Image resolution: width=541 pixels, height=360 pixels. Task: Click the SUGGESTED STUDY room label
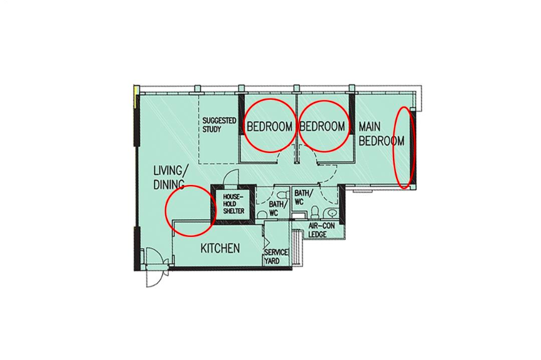point(219,125)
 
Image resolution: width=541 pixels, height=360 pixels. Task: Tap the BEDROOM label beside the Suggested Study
point(270,127)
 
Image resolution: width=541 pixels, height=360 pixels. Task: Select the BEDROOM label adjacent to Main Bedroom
point(322,126)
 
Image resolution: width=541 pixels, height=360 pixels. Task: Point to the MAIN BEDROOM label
point(381,134)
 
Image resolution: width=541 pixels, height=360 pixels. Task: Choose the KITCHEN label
point(220,248)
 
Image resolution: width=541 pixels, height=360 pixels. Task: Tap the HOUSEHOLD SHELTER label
point(233,203)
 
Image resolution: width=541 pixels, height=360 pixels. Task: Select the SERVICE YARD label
point(276,257)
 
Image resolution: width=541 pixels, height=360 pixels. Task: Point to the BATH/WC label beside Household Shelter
point(278,209)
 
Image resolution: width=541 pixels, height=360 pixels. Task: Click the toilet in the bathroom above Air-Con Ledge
point(314,212)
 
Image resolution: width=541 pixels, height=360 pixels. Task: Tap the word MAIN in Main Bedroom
point(370,127)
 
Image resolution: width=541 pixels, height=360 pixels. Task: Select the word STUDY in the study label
point(212,129)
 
